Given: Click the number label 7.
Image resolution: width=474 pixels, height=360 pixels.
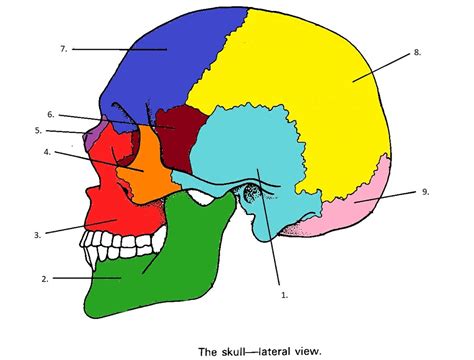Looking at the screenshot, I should [x=62, y=48].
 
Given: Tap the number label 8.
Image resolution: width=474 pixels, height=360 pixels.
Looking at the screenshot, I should [x=416, y=51].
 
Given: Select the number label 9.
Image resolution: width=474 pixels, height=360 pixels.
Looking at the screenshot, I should [x=424, y=191].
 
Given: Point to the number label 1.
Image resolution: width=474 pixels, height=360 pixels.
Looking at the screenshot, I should [x=284, y=296].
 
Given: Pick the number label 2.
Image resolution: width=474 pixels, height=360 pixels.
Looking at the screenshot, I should [x=45, y=277].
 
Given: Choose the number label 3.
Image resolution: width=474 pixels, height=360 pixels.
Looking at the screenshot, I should [x=36, y=235].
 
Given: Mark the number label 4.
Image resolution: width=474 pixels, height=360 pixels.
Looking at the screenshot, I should [x=46, y=152].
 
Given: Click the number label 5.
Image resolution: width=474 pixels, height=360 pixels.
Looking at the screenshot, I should [x=38, y=130].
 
